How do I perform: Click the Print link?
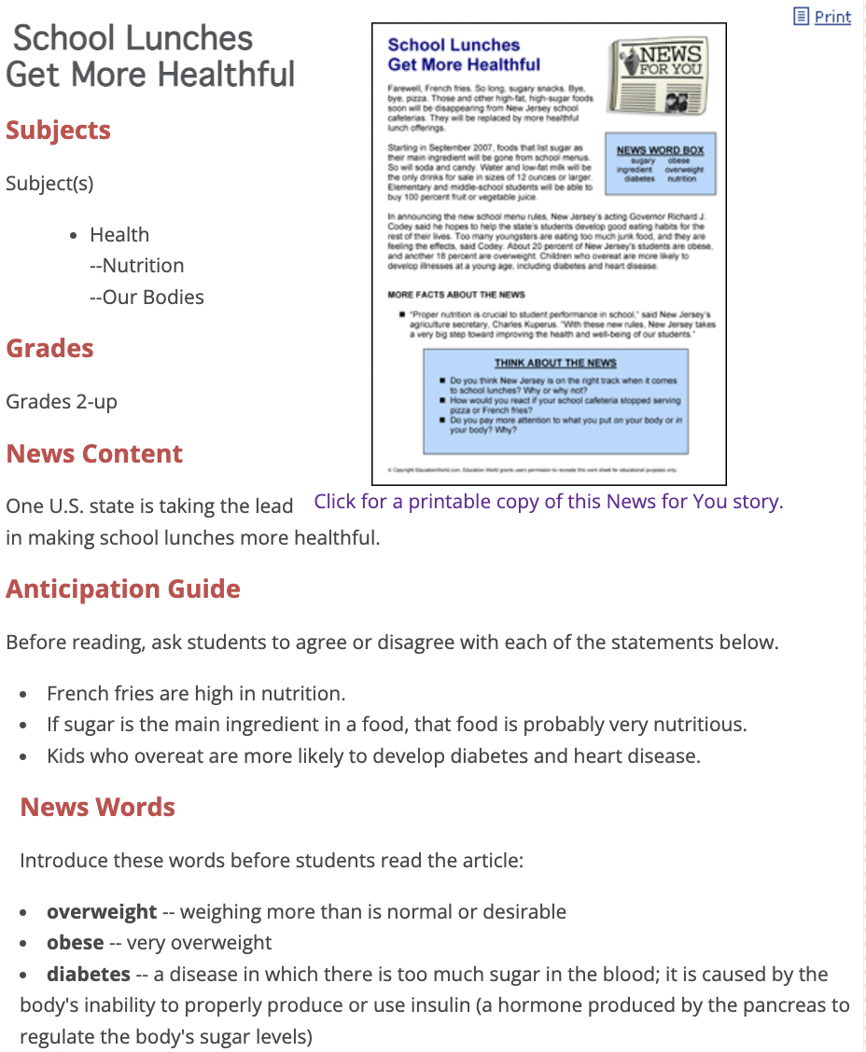point(832,17)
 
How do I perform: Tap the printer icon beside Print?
point(801,16)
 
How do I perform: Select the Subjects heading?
point(58,131)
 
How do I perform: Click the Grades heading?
point(49,349)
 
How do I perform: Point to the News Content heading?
point(94,454)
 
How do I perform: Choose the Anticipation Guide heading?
point(123,589)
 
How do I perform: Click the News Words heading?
point(97,807)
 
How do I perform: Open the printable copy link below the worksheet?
point(548,502)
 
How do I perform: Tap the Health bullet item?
point(119,235)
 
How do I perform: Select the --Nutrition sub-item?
point(136,266)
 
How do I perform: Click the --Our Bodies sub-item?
point(147,298)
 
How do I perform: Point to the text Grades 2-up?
point(62,402)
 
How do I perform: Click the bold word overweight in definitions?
point(102,911)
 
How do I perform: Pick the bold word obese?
point(75,943)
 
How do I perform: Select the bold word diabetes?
point(89,975)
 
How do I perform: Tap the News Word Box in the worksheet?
point(660,163)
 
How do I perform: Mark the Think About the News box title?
point(555,363)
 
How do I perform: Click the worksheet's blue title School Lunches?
point(454,45)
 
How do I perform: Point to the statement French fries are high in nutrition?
point(196,694)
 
